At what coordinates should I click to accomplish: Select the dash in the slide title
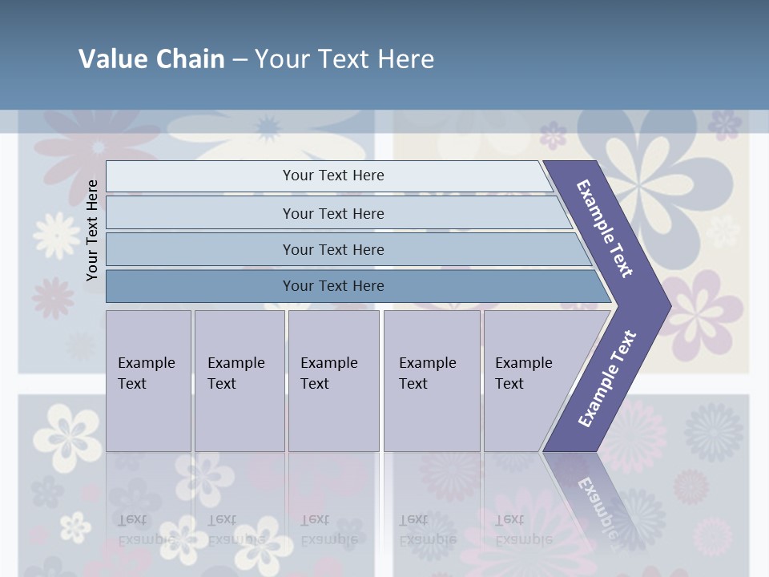(x=240, y=60)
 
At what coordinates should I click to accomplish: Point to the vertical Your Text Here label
(x=92, y=230)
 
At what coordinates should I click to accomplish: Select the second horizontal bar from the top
(x=332, y=213)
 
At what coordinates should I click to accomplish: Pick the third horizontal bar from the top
(x=332, y=249)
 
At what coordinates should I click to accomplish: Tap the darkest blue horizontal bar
(x=332, y=286)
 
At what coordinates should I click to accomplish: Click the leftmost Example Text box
(x=148, y=381)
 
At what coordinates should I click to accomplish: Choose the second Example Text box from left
(x=239, y=381)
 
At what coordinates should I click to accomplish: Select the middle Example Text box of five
(x=333, y=381)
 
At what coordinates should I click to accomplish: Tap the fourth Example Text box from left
(x=431, y=381)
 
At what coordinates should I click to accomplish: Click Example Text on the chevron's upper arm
(x=605, y=228)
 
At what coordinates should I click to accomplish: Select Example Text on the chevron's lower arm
(x=607, y=378)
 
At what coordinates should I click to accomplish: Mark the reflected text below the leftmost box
(x=147, y=529)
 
